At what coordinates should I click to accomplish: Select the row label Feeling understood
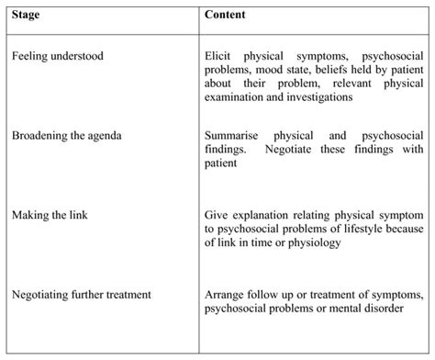point(58,56)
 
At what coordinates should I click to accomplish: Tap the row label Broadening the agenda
point(67,136)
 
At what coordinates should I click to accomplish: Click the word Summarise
point(233,136)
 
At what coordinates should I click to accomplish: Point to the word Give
point(217,214)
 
